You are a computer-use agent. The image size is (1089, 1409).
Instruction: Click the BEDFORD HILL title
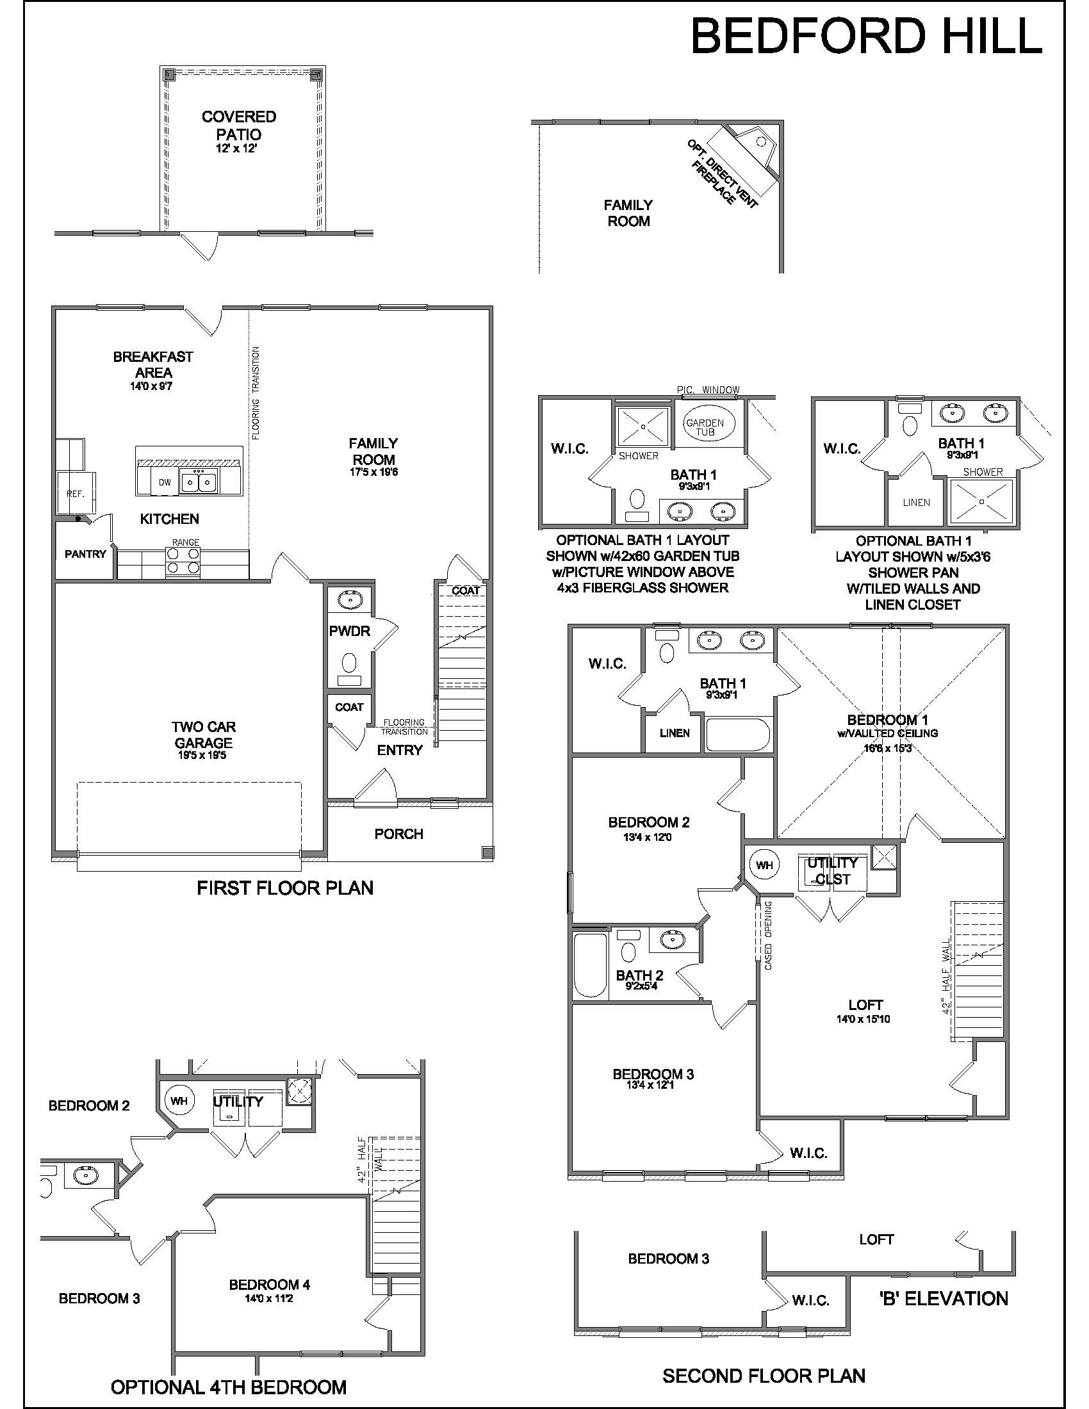867,36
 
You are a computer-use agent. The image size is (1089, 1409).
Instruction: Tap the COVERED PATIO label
239,126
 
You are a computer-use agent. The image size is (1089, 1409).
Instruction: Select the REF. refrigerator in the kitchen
76,494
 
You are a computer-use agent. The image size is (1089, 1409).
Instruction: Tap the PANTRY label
85,553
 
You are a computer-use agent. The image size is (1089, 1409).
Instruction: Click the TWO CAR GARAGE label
203,735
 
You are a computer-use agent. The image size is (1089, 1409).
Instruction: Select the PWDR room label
350,631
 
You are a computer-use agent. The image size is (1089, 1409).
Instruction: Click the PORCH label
398,834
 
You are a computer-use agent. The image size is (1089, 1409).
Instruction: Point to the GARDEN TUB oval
705,427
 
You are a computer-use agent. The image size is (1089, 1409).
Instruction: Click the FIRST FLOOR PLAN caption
285,888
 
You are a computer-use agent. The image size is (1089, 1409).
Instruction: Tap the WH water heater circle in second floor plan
764,865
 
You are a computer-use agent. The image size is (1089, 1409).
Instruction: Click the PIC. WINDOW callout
708,389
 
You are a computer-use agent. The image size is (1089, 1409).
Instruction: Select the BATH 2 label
639,976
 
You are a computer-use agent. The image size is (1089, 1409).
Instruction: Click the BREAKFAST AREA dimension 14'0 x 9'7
154,386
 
